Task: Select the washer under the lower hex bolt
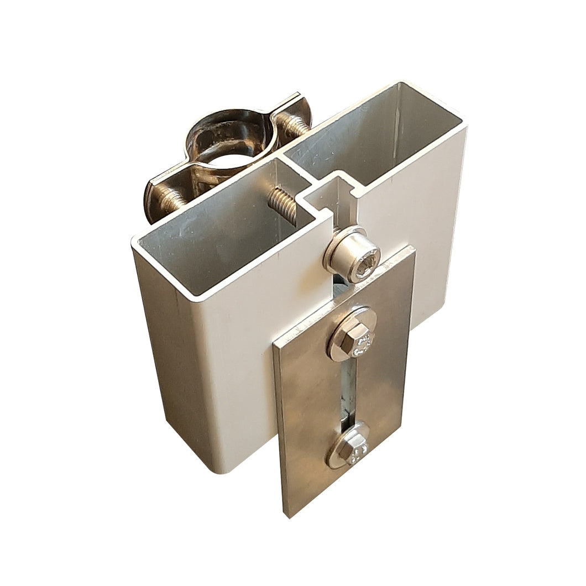point(335,457)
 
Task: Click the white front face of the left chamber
point(238,359)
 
